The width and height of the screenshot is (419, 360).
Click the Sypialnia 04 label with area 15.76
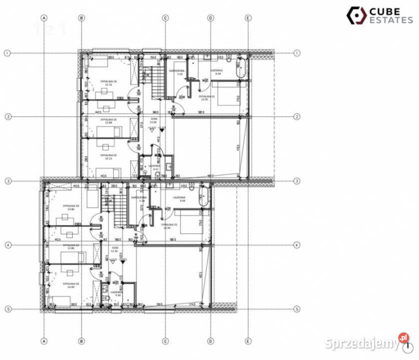(x=108, y=82)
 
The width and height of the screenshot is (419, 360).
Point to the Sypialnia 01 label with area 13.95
(x=206, y=97)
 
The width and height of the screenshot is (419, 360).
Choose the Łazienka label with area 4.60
(x=115, y=293)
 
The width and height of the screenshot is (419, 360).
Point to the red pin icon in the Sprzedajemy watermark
(x=403, y=338)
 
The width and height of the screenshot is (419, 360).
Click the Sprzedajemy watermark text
(x=360, y=343)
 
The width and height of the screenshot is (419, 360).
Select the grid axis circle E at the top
(x=248, y=18)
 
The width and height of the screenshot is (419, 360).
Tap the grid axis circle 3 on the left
(x=7, y=181)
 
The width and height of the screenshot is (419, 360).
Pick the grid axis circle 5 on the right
(x=297, y=309)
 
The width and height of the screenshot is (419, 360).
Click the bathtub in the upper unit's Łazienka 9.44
(x=241, y=67)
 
